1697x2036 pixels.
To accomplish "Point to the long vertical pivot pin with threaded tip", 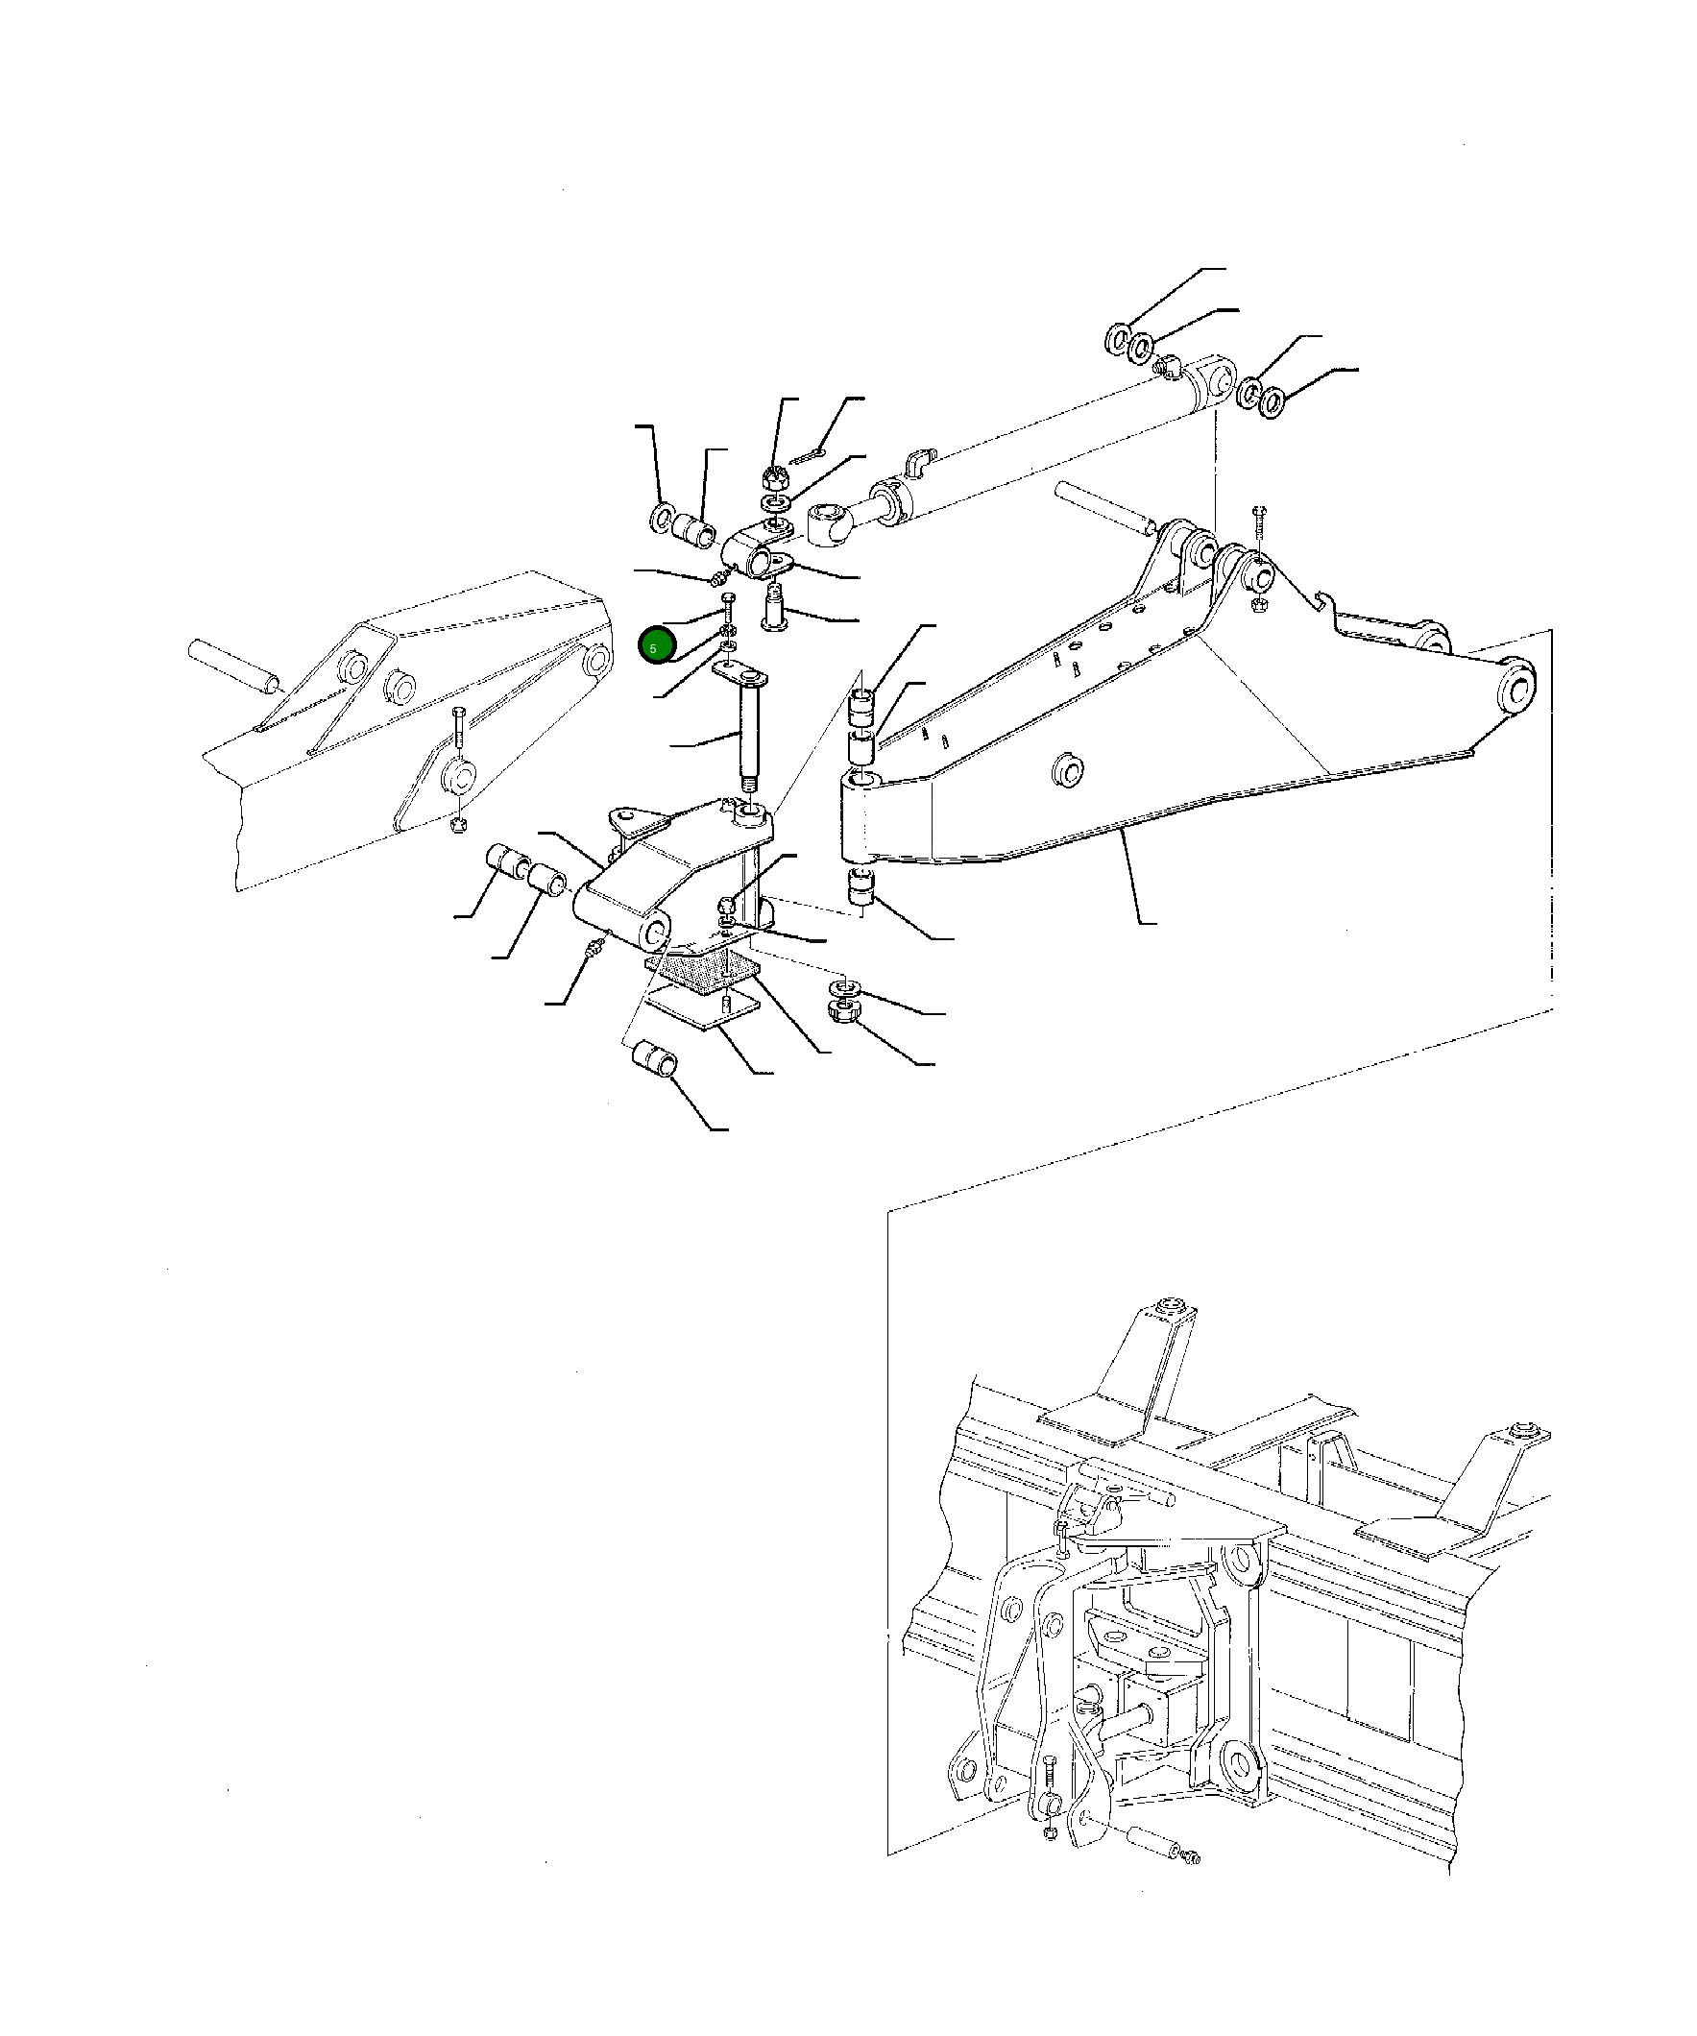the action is tap(748, 737).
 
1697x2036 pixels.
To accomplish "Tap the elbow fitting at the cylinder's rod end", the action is tap(1168, 367).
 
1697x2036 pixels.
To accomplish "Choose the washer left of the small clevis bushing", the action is tap(666, 518).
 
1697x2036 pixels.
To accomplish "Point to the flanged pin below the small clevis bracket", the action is tap(776, 606).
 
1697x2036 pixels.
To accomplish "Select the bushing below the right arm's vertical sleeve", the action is tap(861, 888).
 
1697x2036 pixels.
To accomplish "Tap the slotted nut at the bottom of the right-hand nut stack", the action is tap(840, 1012).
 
